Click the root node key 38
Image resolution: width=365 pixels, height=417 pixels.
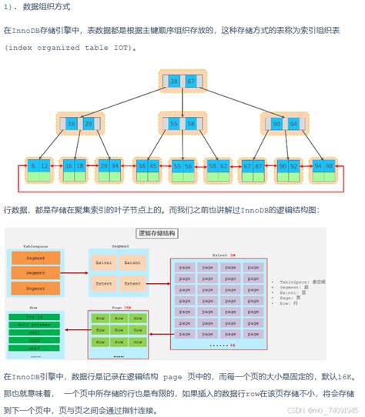[174, 80]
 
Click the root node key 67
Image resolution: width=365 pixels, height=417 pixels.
[190, 80]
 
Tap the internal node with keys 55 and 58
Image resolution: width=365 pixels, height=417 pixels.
[182, 123]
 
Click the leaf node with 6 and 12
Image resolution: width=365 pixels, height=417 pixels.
[39, 165]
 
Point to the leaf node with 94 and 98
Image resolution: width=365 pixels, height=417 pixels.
[324, 165]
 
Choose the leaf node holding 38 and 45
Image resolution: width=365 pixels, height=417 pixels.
[148, 165]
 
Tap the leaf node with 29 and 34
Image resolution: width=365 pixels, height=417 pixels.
[109, 165]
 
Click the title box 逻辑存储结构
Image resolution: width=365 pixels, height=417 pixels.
[157, 233]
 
